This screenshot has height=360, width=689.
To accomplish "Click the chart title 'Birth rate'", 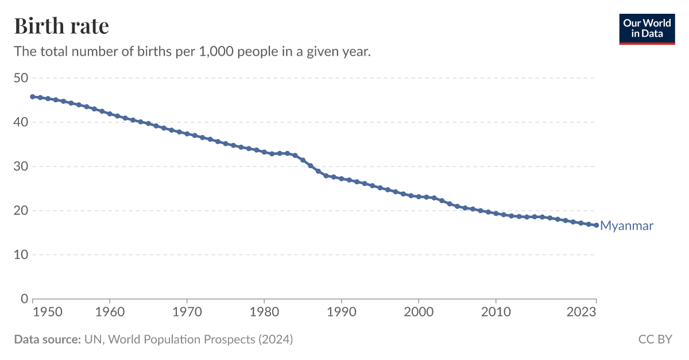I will [61, 26].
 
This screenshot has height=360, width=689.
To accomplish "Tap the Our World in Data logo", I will [647, 29].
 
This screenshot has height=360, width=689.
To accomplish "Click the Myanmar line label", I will [626, 226].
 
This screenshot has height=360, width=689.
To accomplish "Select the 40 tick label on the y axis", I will [21, 122].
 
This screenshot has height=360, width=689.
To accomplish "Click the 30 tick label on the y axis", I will [21, 167].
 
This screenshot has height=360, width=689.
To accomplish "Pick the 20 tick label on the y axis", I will [21, 211].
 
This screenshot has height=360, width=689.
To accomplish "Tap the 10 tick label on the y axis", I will [21, 255].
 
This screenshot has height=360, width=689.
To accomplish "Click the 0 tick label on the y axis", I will [24, 299].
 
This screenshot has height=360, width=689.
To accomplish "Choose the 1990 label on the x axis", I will [342, 313].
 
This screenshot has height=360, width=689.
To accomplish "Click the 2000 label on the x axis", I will [419, 313].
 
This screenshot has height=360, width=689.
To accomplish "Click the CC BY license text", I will [655, 339].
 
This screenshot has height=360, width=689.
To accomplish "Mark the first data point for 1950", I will [33, 96].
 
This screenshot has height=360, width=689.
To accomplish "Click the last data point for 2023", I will [596, 225].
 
